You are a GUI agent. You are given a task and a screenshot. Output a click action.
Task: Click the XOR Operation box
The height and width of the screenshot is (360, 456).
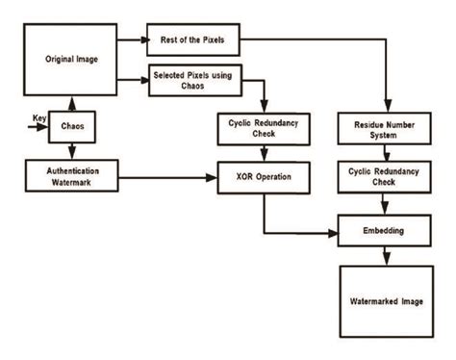point(263,177)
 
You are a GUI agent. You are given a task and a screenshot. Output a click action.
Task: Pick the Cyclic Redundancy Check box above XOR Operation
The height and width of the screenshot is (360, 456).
point(263,130)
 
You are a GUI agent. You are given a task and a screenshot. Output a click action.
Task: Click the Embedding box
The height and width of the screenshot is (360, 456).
point(385,232)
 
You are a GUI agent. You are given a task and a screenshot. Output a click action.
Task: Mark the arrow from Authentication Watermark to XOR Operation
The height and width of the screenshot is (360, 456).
point(173,177)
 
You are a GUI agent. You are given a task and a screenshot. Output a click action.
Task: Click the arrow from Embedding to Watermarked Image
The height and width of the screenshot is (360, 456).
point(385,255)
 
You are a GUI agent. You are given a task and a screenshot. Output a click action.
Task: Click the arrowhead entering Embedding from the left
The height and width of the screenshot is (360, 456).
point(334,232)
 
